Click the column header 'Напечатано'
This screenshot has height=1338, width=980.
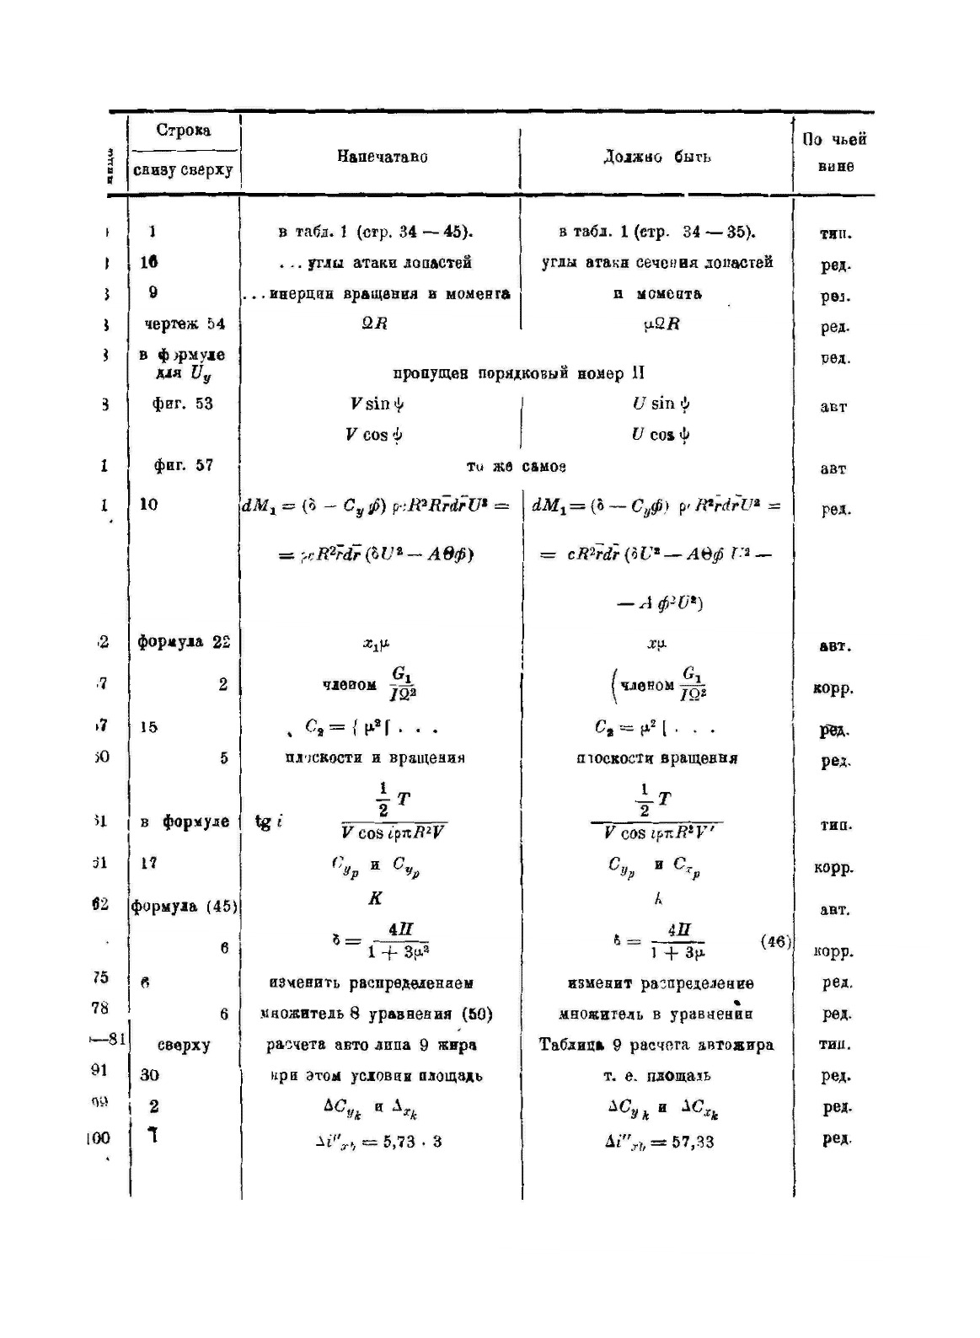click(382, 157)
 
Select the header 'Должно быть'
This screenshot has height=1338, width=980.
click(657, 157)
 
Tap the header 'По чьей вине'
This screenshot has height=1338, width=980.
click(834, 153)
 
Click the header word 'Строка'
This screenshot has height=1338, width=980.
click(183, 131)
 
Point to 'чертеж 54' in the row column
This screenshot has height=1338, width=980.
click(183, 324)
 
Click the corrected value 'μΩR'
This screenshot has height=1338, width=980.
click(661, 324)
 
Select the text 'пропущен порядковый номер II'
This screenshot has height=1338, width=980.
click(519, 373)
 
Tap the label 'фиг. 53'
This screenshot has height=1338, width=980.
click(183, 404)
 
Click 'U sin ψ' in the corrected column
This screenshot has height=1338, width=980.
click(661, 404)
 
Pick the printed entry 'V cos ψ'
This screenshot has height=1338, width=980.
click(374, 435)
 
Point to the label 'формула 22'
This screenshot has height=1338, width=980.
click(184, 642)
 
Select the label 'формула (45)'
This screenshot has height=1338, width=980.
click(185, 907)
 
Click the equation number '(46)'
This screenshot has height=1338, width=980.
click(775, 942)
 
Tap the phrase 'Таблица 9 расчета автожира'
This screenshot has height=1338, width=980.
click(656, 1045)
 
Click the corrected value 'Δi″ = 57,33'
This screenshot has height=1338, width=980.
click(659, 1143)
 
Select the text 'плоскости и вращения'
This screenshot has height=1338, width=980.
click(375, 757)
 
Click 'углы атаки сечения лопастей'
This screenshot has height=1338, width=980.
click(657, 262)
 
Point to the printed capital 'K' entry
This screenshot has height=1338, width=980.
click(375, 898)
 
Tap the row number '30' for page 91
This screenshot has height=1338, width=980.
click(150, 1075)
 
